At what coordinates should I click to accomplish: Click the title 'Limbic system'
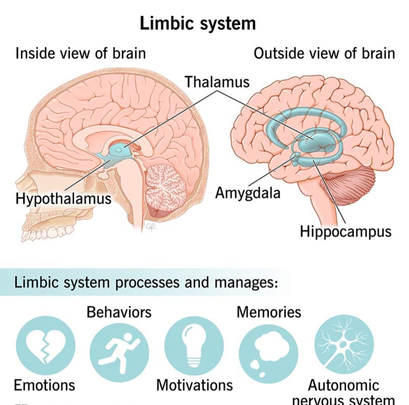click(198, 23)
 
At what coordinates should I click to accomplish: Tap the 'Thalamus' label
click(217, 82)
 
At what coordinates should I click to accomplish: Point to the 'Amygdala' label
click(248, 193)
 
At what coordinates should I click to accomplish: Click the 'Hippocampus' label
click(345, 231)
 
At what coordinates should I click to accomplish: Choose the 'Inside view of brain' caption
click(80, 53)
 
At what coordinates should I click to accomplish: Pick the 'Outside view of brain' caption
click(324, 53)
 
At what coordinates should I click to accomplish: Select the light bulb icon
click(194, 345)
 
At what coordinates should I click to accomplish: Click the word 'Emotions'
click(44, 385)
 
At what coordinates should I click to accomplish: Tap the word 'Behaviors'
click(119, 312)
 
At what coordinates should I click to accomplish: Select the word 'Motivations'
click(195, 385)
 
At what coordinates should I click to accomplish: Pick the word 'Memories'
click(269, 312)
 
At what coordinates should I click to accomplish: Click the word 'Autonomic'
click(343, 385)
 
